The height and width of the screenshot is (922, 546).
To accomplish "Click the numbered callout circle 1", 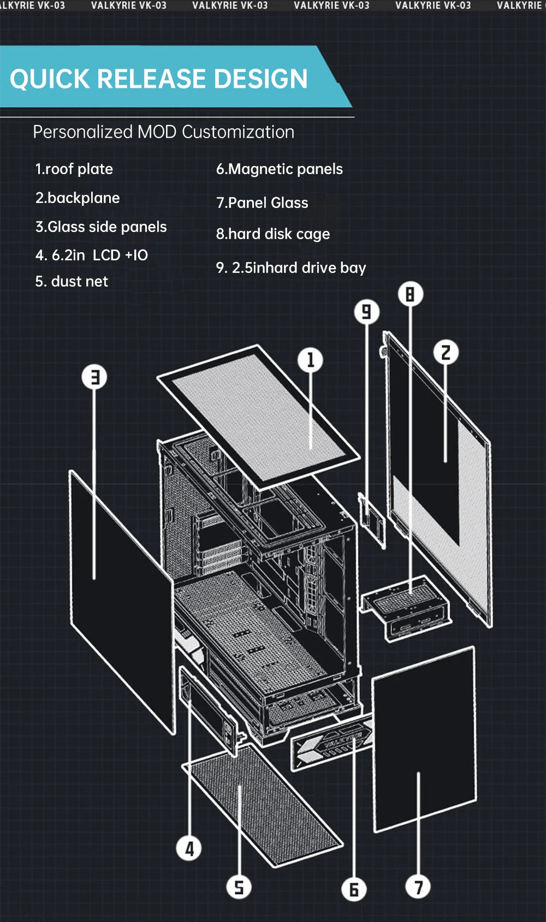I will point(311,360).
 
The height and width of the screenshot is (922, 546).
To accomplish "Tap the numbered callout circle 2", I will point(446,353).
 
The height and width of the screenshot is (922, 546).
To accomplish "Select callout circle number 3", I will point(94,377).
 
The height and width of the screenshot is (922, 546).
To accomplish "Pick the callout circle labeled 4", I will point(189,849).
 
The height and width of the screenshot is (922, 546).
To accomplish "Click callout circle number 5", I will point(239,887).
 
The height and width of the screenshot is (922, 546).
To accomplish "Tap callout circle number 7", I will point(418,887).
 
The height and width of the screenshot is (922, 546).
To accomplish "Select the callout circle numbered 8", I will point(410,295).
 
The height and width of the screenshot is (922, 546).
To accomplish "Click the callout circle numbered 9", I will point(366,312).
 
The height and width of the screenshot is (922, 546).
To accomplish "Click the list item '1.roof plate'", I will point(74,169).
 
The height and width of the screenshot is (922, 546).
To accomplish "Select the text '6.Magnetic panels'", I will point(279,169).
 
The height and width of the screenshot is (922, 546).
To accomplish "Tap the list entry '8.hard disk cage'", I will point(272,234).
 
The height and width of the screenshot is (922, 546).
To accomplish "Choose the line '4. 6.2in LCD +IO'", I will point(91,255).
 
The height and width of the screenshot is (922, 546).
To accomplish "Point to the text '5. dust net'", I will point(72,282).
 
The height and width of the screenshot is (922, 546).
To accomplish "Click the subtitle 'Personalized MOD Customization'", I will point(163,132).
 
